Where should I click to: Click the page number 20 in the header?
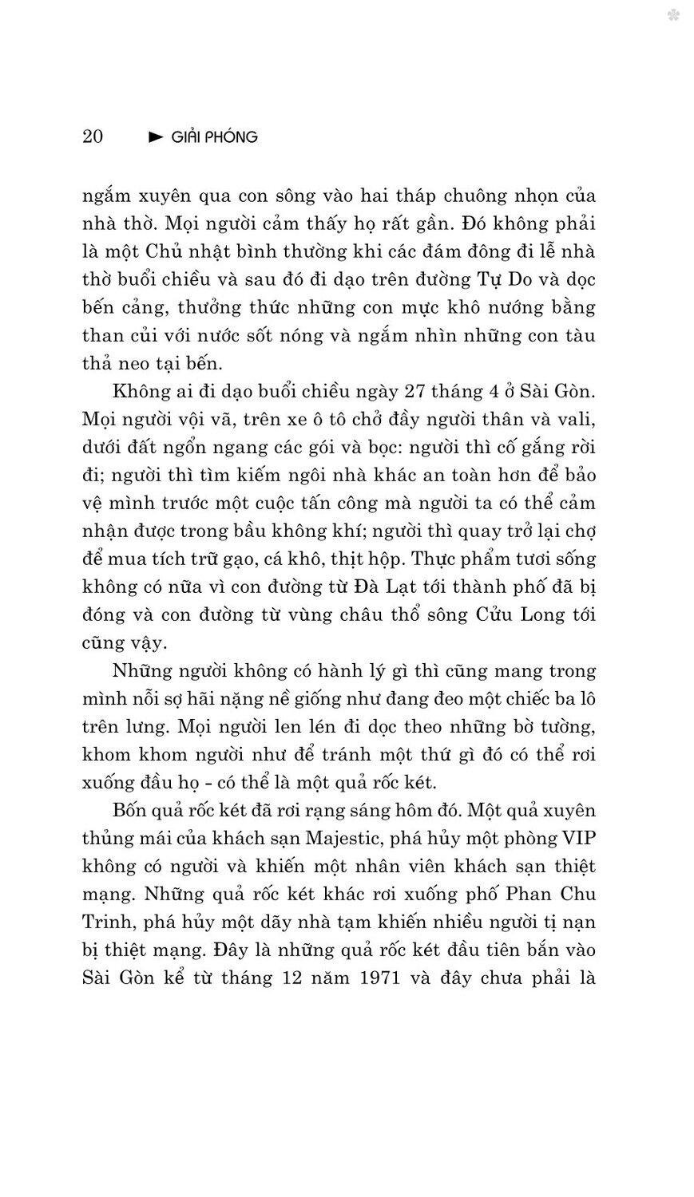(93, 136)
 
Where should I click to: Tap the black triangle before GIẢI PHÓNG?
(156, 137)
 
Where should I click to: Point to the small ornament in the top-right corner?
(673, 15)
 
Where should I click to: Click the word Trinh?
(106, 922)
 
